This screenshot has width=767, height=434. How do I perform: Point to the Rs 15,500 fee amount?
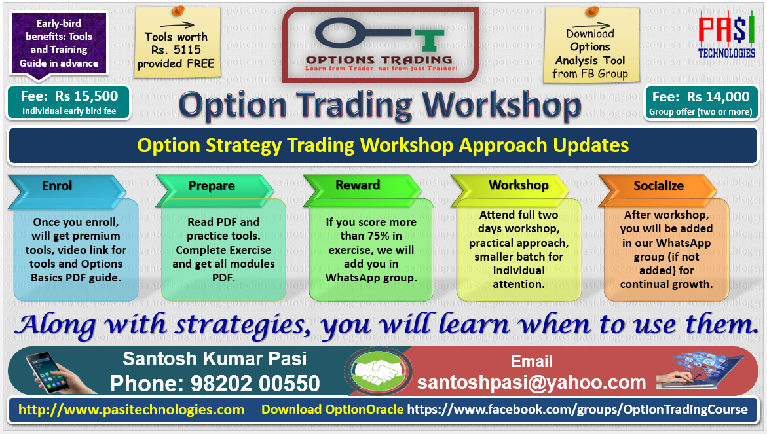tap(86, 96)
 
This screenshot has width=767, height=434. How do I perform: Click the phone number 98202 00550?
tap(255, 384)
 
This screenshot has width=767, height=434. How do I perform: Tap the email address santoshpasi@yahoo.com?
tap(532, 383)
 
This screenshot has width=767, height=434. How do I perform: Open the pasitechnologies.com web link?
tap(132, 410)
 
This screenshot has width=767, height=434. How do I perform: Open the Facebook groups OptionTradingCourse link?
tap(578, 410)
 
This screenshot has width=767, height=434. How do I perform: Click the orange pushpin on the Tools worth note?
tap(178, 10)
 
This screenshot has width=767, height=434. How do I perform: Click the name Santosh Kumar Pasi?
tap(215, 359)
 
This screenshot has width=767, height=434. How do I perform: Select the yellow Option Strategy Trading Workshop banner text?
tap(383, 145)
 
